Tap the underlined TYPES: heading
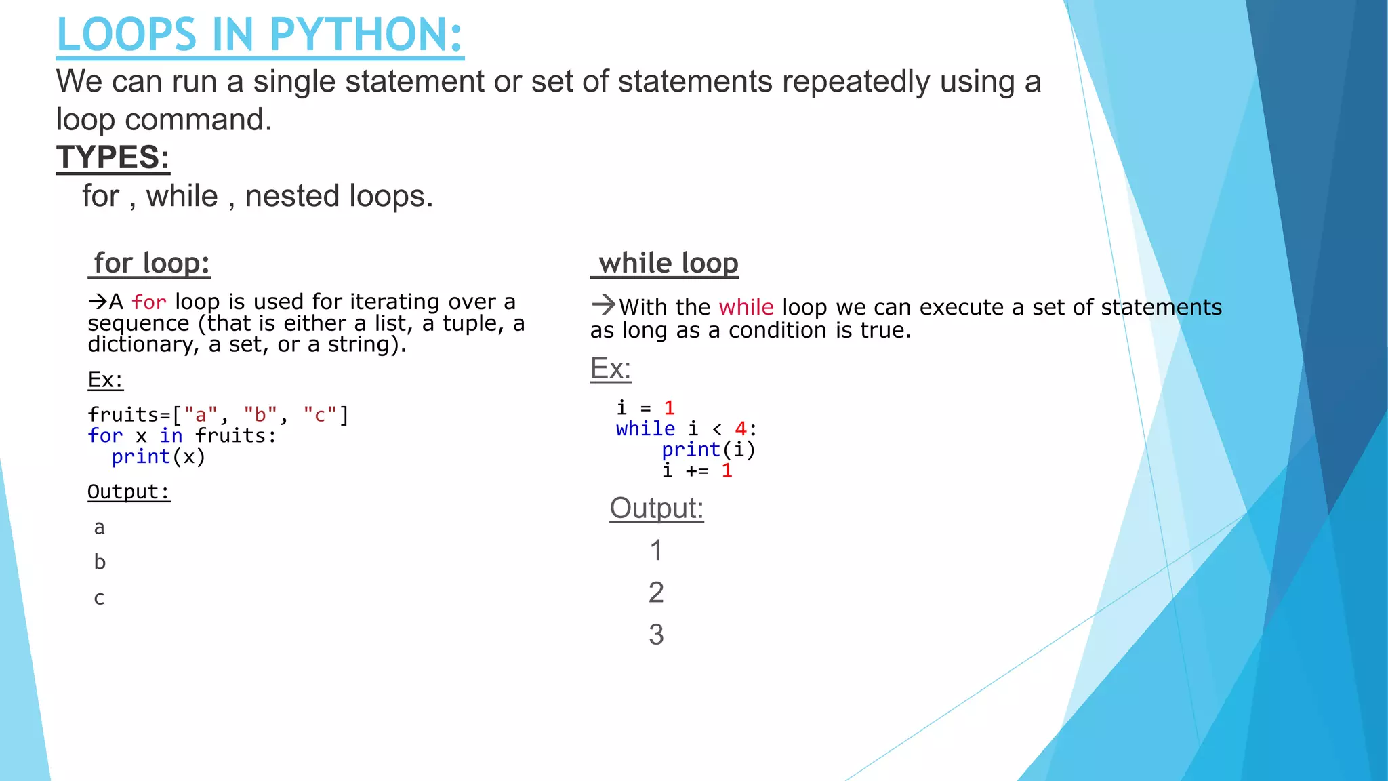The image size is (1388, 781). click(113, 157)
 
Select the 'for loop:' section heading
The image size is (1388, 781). click(151, 263)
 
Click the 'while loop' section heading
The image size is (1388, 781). click(668, 263)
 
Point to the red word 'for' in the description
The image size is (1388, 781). click(149, 302)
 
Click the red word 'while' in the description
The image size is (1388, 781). click(746, 307)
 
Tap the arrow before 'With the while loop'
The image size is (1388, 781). click(603, 305)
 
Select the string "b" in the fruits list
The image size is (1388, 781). click(260, 414)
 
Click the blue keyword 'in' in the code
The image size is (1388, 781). click(171, 435)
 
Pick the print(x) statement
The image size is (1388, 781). click(158, 456)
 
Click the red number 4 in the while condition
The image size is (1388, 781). click(741, 428)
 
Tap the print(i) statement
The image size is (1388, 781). click(708, 449)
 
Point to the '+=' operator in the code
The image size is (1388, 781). click(697, 470)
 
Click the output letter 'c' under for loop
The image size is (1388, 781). click(99, 599)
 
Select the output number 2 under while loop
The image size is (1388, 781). click(656, 593)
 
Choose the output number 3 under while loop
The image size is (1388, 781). click(656, 635)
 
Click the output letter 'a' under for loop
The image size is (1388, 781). click(99, 528)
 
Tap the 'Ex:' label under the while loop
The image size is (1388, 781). click(610, 369)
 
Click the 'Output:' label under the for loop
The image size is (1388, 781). click(129, 492)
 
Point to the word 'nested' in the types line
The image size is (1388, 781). click(292, 197)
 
